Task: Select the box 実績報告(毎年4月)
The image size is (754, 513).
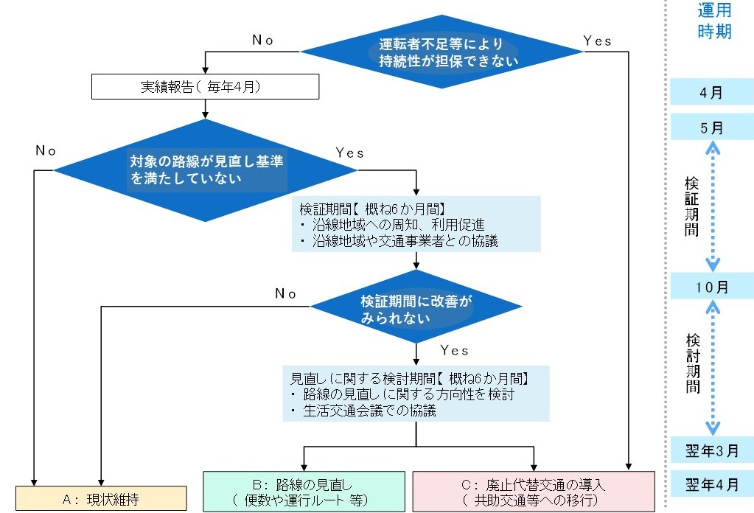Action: click(205, 87)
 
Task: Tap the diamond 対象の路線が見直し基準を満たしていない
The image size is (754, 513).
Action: click(205, 170)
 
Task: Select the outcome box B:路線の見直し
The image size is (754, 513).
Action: click(304, 492)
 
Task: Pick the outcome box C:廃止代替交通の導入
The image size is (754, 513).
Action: click(534, 492)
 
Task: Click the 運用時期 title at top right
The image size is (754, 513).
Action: click(713, 21)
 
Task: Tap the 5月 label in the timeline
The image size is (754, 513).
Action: click(712, 128)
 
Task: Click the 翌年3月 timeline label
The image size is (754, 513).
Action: click(712, 449)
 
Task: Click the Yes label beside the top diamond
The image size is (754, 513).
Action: click(597, 41)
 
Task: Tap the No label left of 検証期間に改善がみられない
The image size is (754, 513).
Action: click(285, 293)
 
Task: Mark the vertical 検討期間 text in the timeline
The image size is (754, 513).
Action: click(692, 363)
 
